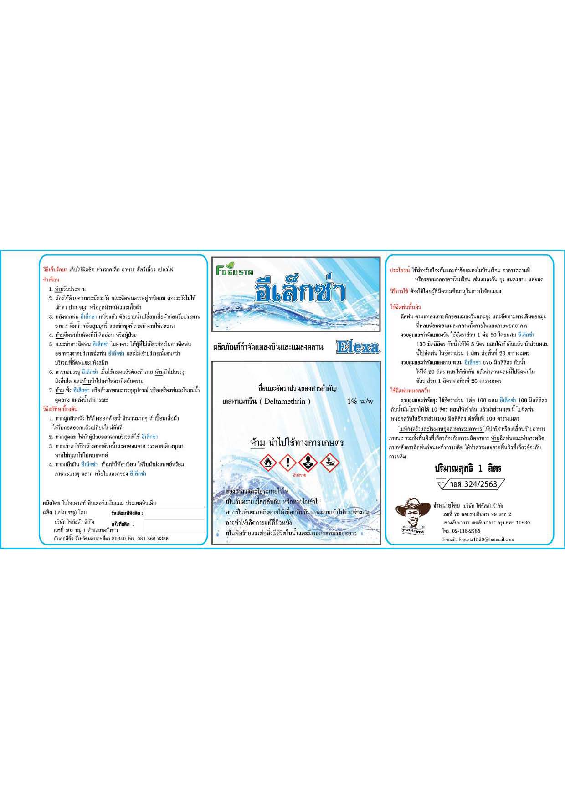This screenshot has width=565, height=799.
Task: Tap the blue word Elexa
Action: pyautogui.click(x=358, y=347)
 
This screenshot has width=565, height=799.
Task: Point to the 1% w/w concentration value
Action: pyautogui.click(x=360, y=401)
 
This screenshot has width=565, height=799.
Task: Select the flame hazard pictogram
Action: pyautogui.click(x=268, y=463)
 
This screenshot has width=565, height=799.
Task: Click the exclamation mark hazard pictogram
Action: pyautogui.click(x=288, y=463)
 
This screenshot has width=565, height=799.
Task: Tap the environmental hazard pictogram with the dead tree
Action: pyautogui.click(x=330, y=463)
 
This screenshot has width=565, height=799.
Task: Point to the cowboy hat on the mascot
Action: pyautogui.click(x=413, y=506)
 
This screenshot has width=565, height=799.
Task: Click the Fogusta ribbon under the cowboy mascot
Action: pyautogui.click(x=413, y=531)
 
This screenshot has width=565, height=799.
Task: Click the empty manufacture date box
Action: pyautogui.click(x=175, y=513)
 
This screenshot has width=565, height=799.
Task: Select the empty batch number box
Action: pyautogui.click(x=175, y=525)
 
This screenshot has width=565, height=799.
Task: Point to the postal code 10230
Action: pyautogui.click(x=523, y=523)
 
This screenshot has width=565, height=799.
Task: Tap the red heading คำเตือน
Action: pyautogui.click(x=51, y=280)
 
